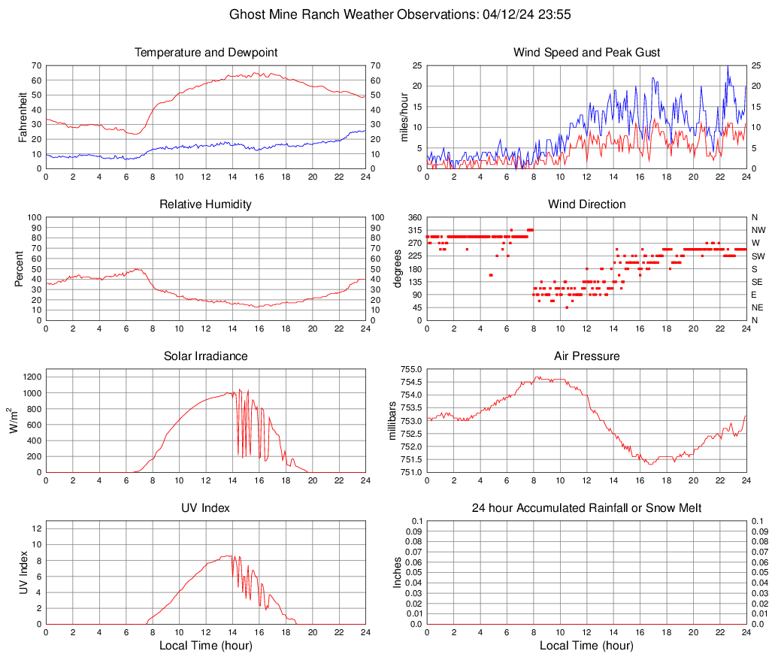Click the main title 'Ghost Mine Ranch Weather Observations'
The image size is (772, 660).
(386, 14)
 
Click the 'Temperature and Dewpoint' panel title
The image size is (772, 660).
(206, 53)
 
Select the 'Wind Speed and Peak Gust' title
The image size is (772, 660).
(587, 53)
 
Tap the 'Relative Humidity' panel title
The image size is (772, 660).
(206, 204)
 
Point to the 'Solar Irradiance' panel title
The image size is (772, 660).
(206, 356)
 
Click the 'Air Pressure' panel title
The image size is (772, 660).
(587, 356)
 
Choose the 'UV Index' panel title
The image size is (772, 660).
(206, 508)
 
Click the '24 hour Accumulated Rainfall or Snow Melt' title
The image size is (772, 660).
(587, 508)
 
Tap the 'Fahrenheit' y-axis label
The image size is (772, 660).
(23, 117)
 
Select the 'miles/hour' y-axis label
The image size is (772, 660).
(404, 117)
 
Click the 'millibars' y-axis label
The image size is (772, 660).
(392, 420)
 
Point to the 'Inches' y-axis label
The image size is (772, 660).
(398, 572)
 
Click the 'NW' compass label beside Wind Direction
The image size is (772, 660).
(758, 231)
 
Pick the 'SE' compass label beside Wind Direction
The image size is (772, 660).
(757, 282)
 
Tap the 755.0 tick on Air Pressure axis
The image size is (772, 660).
(412, 369)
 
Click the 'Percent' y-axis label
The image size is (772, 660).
(19, 268)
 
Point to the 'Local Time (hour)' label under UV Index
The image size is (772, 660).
(206, 646)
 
